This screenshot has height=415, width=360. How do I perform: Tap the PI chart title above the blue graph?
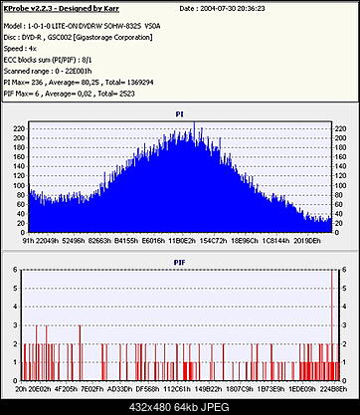click(x=179, y=113)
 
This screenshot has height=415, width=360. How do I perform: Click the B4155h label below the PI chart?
click(x=126, y=240)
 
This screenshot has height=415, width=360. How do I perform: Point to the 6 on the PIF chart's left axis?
click(x=13, y=269)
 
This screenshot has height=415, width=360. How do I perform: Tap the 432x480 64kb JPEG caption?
click(x=180, y=406)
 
